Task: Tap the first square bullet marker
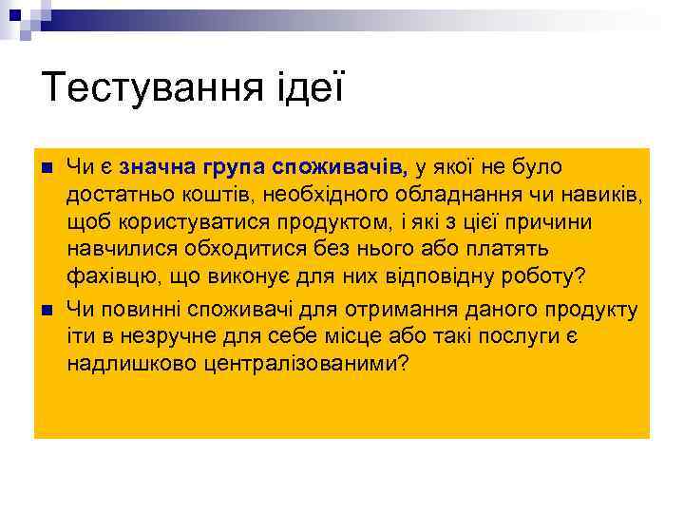[47, 169]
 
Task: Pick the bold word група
[232, 168]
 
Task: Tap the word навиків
[598, 196]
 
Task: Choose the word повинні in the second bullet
[141, 309]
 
